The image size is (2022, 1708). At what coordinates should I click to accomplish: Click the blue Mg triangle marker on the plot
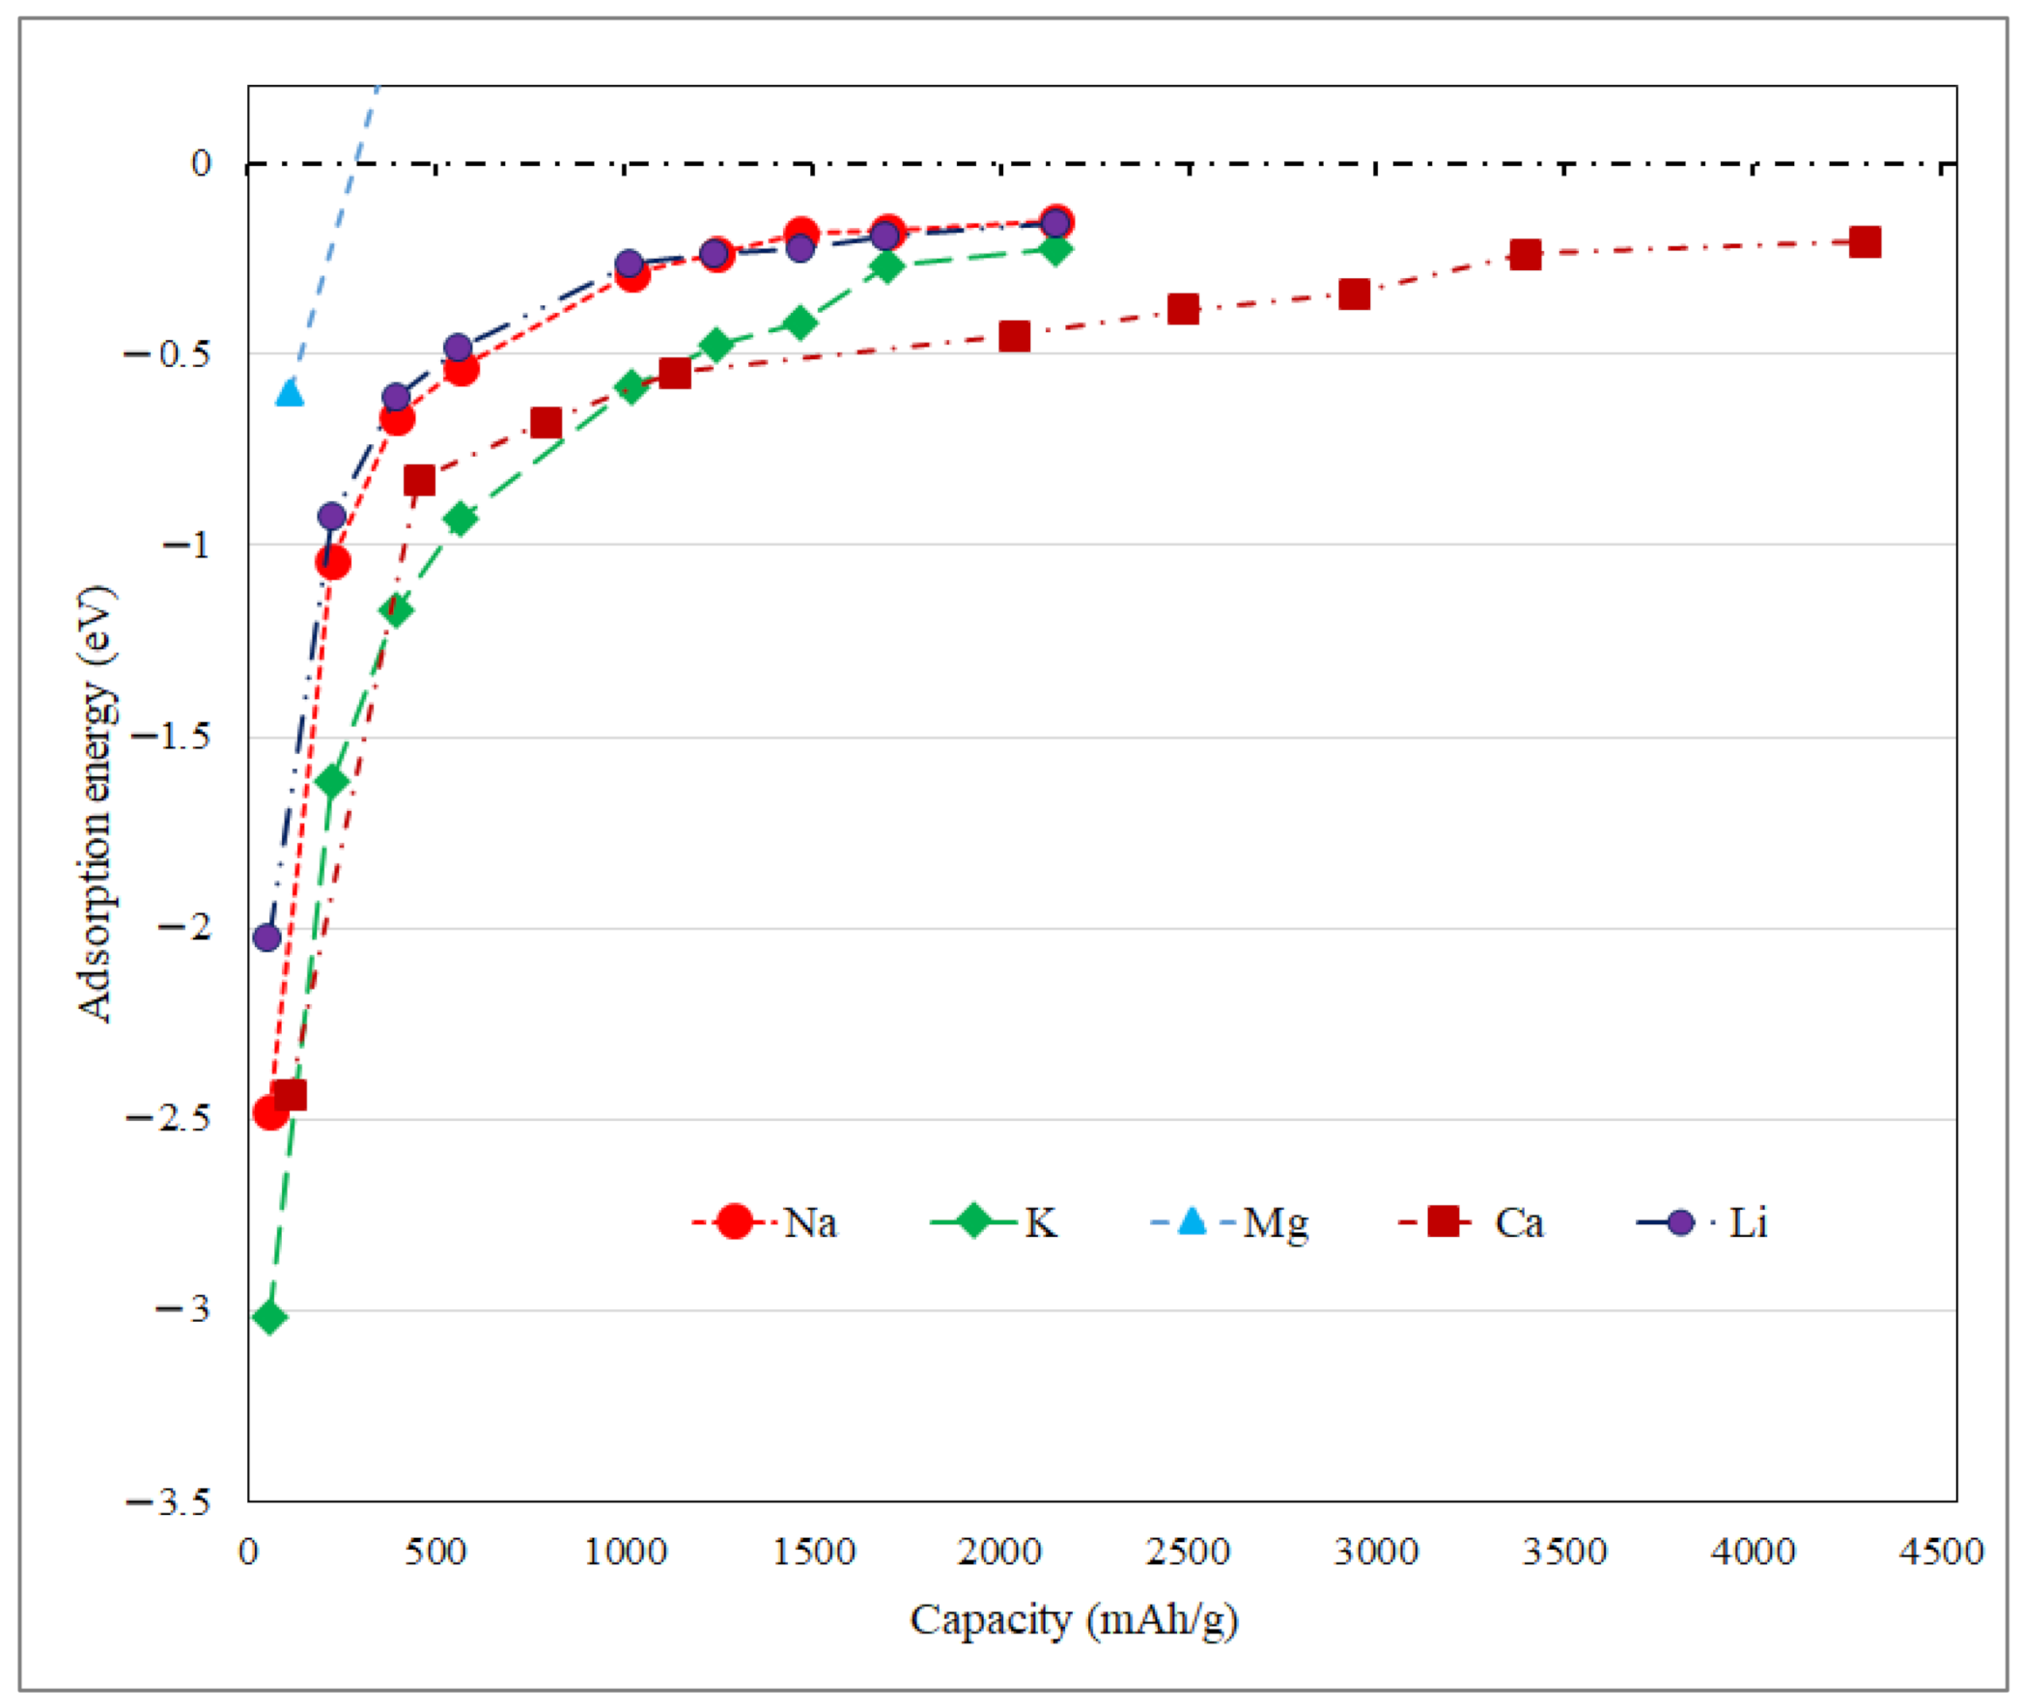click(289, 392)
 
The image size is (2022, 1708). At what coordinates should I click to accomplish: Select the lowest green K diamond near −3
click(270, 1317)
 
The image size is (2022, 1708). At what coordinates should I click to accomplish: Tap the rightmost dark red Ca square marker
click(1865, 242)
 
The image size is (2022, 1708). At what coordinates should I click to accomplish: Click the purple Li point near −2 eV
click(267, 938)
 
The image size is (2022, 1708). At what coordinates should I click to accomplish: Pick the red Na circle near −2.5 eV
click(270, 1112)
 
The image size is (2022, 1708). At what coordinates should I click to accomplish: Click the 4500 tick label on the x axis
click(1941, 1552)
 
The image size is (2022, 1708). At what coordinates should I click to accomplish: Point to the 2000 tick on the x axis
click(998, 1552)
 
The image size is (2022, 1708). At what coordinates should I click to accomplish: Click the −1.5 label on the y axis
click(170, 736)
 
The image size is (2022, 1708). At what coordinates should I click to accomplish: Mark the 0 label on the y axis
click(201, 162)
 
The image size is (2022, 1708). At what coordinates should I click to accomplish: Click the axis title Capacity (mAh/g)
click(1073, 1620)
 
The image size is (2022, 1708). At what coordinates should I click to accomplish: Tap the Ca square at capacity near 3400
click(1526, 256)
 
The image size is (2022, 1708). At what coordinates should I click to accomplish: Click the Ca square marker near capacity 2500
click(1183, 310)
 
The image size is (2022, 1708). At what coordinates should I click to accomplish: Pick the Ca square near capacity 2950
click(1354, 294)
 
